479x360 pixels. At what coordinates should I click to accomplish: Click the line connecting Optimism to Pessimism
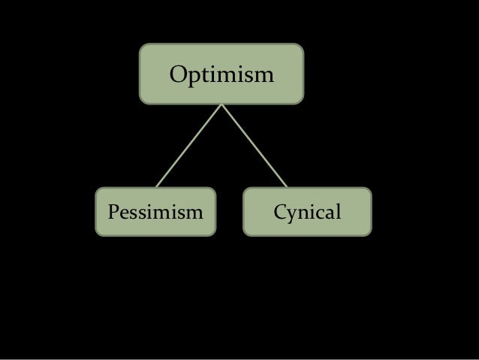coord(188,145)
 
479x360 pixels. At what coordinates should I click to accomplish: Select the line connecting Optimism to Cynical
coord(254,145)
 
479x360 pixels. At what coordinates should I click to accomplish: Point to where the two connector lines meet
coord(221,104)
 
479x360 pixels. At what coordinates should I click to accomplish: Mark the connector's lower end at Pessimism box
coord(157,186)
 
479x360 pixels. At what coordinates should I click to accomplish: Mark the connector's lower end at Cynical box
coord(287,186)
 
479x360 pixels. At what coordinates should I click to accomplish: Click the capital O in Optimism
coord(179,76)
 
